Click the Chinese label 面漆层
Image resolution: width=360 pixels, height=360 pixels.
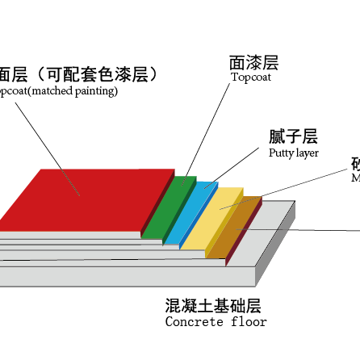point(253,62)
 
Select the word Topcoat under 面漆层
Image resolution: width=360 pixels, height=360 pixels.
point(252,78)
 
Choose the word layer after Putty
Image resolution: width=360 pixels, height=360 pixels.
point(308,153)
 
